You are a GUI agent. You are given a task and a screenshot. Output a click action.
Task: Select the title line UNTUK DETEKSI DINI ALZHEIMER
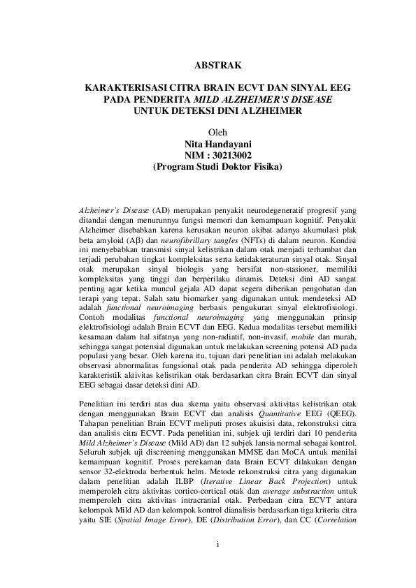[x=217, y=110]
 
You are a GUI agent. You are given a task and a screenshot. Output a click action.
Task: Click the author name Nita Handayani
[x=217, y=144]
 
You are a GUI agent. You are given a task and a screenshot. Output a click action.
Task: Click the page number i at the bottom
[x=218, y=544]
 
